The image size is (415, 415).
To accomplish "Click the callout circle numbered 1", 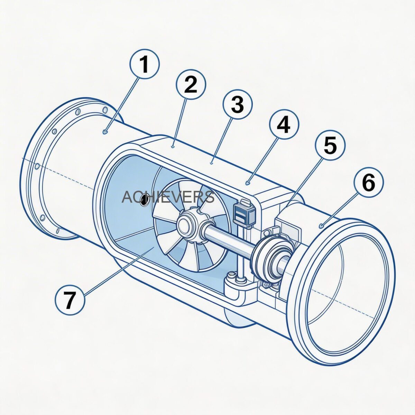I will tap(145, 64).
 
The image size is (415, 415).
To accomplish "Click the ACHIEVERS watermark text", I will tap(168, 197).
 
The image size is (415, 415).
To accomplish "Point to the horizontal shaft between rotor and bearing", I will tap(228, 240).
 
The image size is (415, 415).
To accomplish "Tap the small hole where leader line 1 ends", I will tap(105, 131).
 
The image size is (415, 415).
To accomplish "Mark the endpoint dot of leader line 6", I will tap(322, 226).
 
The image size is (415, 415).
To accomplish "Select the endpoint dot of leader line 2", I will tap(173, 147).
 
